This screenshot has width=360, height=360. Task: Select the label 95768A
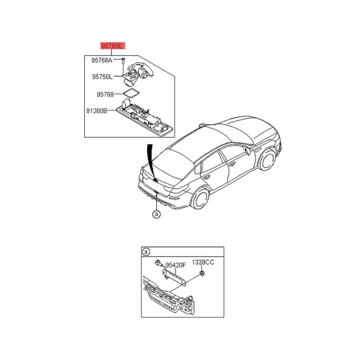pyautogui.click(x=102, y=60)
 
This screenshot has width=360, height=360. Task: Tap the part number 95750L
pyautogui.click(x=103, y=76)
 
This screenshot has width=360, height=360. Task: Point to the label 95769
pyautogui.click(x=105, y=94)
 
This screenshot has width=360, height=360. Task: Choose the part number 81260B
pyautogui.click(x=97, y=111)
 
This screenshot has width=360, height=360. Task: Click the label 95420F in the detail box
pyautogui.click(x=176, y=265)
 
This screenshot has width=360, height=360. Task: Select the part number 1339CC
pyautogui.click(x=203, y=262)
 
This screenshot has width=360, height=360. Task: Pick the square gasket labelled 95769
pyautogui.click(x=132, y=93)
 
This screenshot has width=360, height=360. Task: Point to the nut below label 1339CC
pyautogui.click(x=202, y=273)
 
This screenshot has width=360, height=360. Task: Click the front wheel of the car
pyautogui.click(x=268, y=160)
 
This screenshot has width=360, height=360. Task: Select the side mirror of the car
pyautogui.click(x=248, y=151)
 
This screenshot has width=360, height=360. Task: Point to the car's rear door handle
pyautogui.click(x=207, y=177)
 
